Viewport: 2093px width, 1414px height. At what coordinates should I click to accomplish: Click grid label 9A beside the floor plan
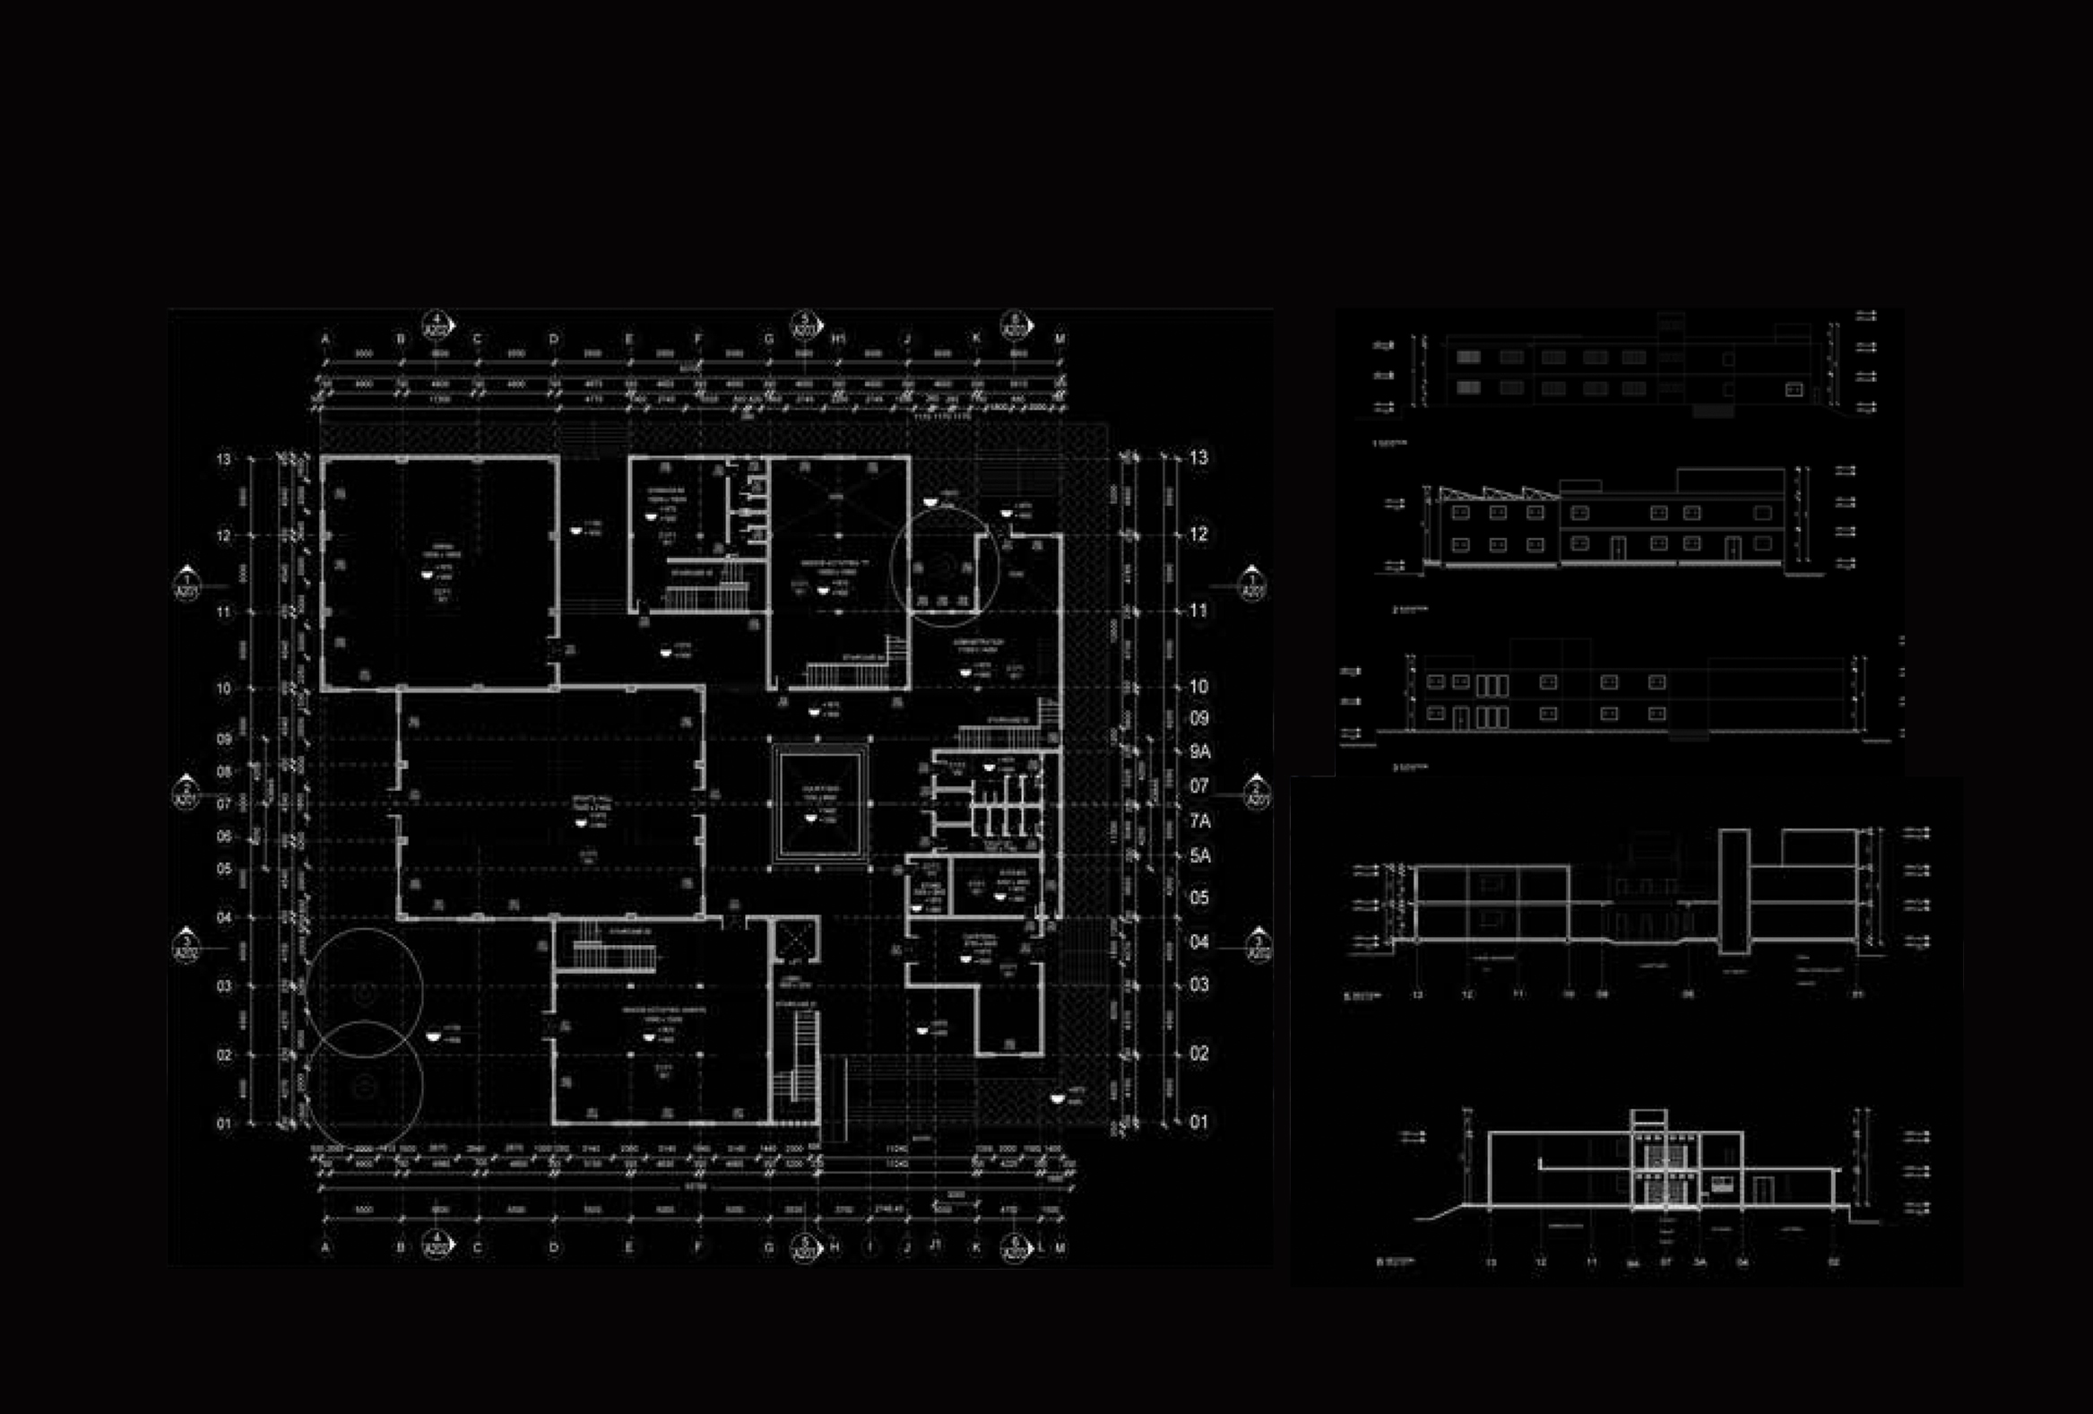tap(1199, 752)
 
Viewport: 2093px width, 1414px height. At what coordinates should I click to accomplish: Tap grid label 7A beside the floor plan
tap(1199, 821)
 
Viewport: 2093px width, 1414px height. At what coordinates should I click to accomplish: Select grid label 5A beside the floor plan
tap(1199, 855)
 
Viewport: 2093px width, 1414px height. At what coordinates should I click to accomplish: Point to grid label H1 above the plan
tap(838, 340)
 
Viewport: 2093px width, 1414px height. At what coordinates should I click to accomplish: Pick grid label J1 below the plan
tap(937, 1247)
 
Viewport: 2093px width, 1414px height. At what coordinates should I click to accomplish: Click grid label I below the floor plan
tap(870, 1247)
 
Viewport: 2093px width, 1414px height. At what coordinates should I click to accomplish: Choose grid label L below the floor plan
tap(1042, 1247)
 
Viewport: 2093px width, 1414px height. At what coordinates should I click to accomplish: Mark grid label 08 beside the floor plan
tap(224, 772)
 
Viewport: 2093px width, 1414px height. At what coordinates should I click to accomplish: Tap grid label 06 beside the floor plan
tap(224, 837)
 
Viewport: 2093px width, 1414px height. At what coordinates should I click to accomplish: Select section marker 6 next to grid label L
tap(1015, 1248)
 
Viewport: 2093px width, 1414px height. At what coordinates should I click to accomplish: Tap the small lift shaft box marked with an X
tap(796, 941)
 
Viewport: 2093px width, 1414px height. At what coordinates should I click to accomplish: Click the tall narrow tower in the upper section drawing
tap(1734, 891)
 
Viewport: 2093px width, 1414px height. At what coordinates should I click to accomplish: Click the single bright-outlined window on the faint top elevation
tap(1793, 390)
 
